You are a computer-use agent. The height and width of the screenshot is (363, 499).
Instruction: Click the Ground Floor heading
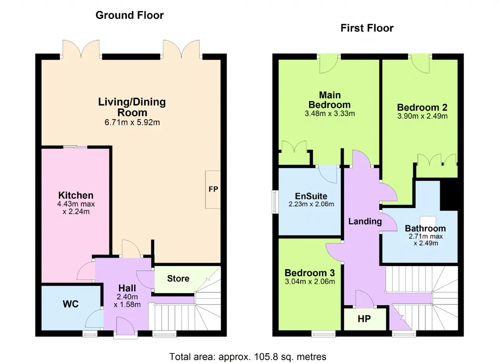tap(130, 15)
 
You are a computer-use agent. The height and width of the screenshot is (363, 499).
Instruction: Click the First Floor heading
tap(367, 28)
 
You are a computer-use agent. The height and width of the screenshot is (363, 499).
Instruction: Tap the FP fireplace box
tap(213, 190)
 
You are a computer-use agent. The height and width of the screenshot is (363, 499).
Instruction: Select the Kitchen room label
tap(76, 195)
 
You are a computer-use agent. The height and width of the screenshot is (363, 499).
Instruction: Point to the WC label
tap(71, 304)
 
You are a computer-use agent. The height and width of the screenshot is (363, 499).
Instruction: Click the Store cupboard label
tap(178, 278)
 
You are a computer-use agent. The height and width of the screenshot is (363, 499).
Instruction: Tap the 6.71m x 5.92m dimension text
tap(132, 123)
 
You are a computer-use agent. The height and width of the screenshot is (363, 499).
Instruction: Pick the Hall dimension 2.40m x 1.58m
tap(127, 301)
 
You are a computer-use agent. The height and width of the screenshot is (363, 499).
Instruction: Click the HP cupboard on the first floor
tap(365, 319)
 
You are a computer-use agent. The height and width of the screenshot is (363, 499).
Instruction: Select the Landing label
tap(365, 221)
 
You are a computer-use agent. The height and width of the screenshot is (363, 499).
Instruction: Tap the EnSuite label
tap(311, 196)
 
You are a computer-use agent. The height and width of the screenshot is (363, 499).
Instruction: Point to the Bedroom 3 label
tap(310, 273)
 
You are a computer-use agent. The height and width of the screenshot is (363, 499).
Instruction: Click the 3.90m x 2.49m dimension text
tap(422, 116)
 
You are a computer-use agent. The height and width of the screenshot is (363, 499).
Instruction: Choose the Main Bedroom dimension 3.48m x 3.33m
tap(330, 114)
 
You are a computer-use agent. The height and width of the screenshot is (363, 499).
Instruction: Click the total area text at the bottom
tap(248, 357)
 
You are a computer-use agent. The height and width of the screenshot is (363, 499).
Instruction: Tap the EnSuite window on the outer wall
tap(275, 202)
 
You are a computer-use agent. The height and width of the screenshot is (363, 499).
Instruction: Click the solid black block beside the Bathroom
tap(449, 195)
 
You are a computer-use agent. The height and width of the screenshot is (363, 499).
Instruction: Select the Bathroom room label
tap(425, 229)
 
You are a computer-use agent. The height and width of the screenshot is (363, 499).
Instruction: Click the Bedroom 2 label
tap(422, 107)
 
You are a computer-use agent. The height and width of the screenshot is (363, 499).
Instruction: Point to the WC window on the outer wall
tap(90, 334)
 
